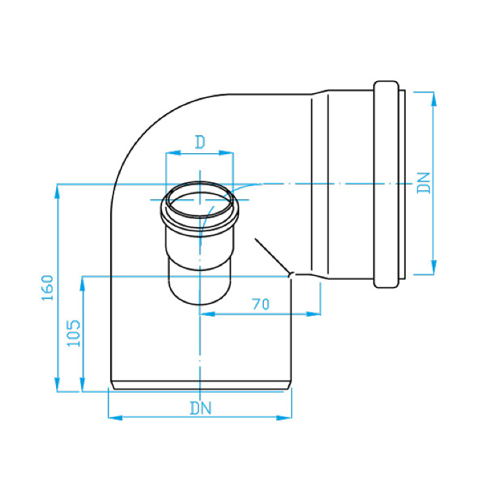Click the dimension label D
coord(200,142)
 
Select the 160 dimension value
coord(48,288)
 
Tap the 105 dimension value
coord(74,333)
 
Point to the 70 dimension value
coord(261,304)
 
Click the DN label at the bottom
coord(201,408)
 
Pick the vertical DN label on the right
coord(424,183)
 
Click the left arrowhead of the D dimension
coord(173,153)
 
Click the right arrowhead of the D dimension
coord(226,153)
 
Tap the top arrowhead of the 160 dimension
coord(57,191)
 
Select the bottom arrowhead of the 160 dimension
coord(57,385)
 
